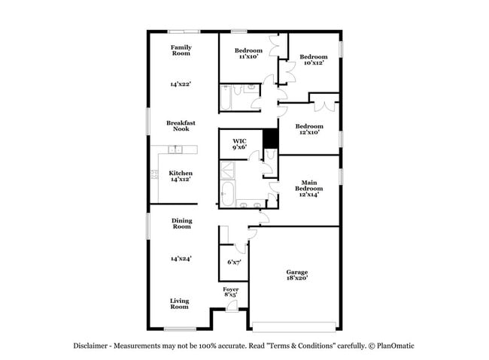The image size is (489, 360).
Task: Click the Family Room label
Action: (x=180, y=50)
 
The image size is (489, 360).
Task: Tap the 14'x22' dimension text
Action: (x=180, y=85)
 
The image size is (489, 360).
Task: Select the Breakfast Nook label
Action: (x=180, y=126)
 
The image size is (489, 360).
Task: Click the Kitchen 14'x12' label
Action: (x=180, y=176)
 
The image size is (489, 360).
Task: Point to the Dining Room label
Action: (x=181, y=223)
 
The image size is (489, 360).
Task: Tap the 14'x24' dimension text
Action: (x=180, y=259)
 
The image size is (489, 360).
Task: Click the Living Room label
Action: (x=179, y=304)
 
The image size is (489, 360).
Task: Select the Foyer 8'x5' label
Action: (x=231, y=292)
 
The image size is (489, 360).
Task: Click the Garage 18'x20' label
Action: (x=296, y=275)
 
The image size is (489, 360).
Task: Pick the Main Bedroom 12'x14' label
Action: (x=308, y=188)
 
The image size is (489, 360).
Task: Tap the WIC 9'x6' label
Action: (x=239, y=144)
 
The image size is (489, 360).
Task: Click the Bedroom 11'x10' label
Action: (x=248, y=53)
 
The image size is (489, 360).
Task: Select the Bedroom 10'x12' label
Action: (x=313, y=59)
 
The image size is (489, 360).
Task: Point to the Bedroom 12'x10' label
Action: (x=308, y=129)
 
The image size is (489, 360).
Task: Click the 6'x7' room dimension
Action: (x=234, y=262)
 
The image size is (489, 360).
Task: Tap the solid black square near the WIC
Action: (x=271, y=139)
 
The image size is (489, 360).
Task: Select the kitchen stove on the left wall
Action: (x=153, y=175)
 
